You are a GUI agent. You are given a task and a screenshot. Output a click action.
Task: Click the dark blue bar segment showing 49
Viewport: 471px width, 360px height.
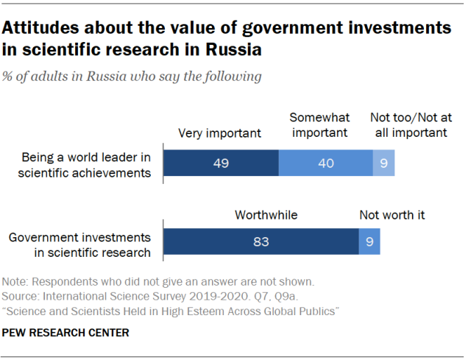tap(220, 162)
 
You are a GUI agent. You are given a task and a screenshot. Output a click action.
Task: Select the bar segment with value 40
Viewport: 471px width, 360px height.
tap(325, 162)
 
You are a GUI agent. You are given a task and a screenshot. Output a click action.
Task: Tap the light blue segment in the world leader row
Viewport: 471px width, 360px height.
tap(383, 162)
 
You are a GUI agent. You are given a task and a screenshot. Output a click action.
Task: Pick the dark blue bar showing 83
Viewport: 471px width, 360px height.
tap(261, 241)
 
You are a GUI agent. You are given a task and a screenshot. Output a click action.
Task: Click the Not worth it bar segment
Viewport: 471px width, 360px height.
tap(369, 241)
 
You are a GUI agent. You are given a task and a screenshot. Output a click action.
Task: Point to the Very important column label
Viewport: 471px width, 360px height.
tap(220, 133)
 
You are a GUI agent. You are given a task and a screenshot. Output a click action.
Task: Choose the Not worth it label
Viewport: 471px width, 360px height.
tap(392, 215)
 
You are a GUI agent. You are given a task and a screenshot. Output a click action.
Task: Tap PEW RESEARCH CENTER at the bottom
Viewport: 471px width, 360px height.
tap(66, 333)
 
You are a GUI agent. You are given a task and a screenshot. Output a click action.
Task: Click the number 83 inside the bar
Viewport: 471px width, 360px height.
tap(261, 241)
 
